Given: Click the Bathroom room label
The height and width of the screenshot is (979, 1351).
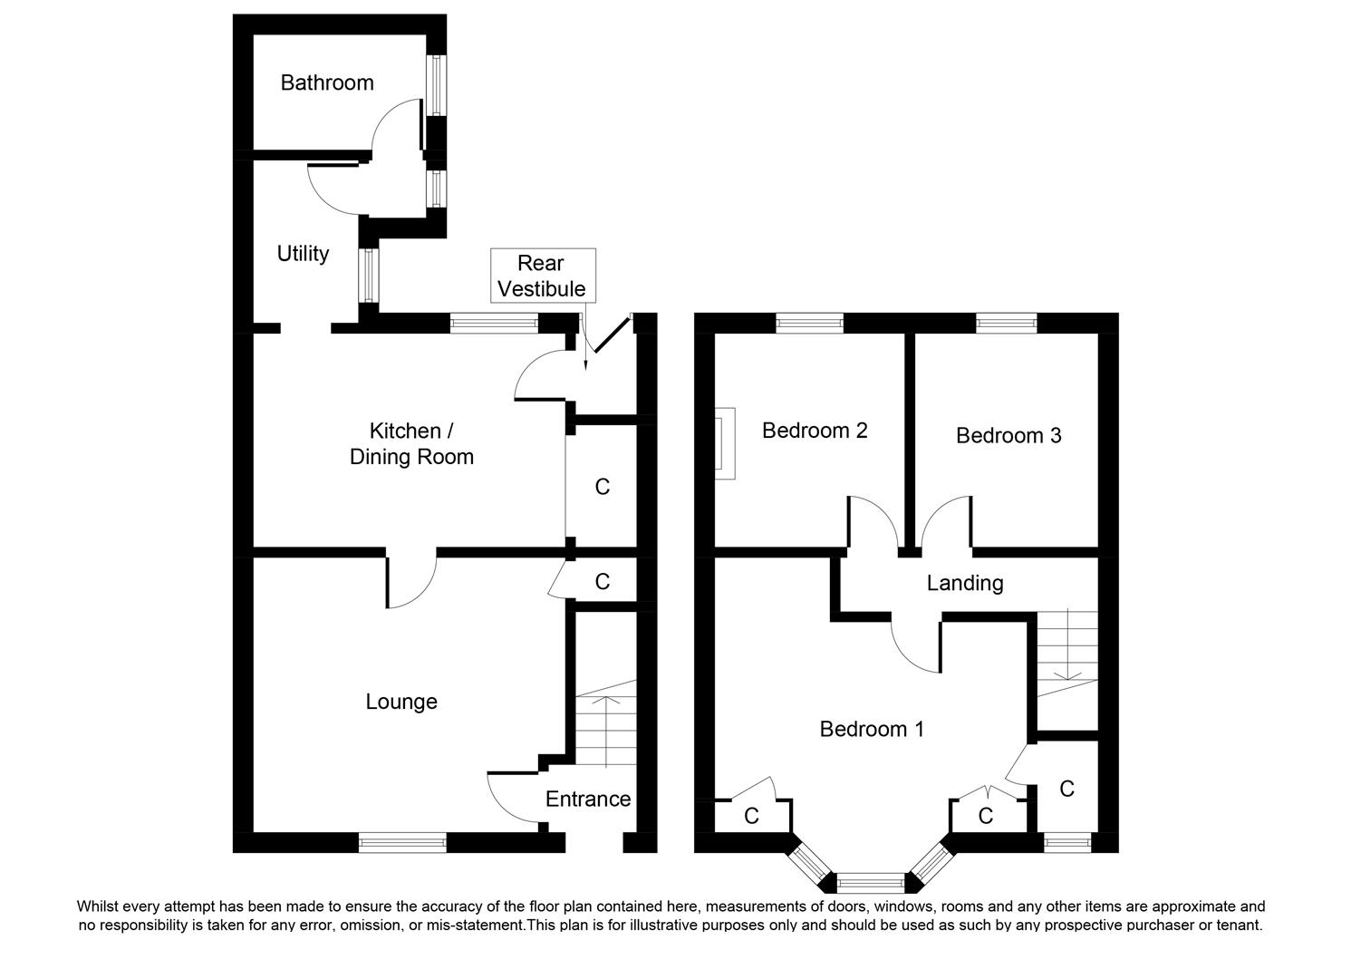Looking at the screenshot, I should click(327, 82).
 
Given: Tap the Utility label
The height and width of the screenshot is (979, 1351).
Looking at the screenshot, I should click(303, 254).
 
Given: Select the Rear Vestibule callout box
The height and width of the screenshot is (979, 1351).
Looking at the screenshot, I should click(542, 276).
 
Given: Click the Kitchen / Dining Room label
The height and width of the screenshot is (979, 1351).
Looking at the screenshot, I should click(411, 443).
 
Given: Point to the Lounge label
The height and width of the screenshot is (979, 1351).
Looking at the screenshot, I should click(401, 702).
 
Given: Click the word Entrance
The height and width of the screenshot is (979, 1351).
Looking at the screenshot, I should click(587, 799).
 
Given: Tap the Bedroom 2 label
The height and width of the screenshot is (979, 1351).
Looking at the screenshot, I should click(815, 430).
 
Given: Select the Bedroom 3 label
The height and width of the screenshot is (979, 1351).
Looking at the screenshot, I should click(1008, 435).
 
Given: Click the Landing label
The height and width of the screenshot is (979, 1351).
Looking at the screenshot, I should click(965, 583).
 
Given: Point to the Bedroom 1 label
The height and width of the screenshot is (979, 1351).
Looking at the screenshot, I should click(872, 729).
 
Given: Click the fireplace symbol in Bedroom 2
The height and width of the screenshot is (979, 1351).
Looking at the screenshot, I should click(725, 441).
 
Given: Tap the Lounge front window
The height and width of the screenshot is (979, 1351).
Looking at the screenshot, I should click(402, 842).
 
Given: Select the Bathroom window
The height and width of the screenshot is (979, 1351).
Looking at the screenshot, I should click(436, 85).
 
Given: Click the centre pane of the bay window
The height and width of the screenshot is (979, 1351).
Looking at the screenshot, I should click(870, 880).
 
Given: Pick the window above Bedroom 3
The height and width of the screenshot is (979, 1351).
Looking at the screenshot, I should click(1006, 322).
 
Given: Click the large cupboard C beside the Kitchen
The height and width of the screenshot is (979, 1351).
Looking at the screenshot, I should click(602, 487).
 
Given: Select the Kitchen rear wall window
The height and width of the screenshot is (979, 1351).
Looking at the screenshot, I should click(494, 322).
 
